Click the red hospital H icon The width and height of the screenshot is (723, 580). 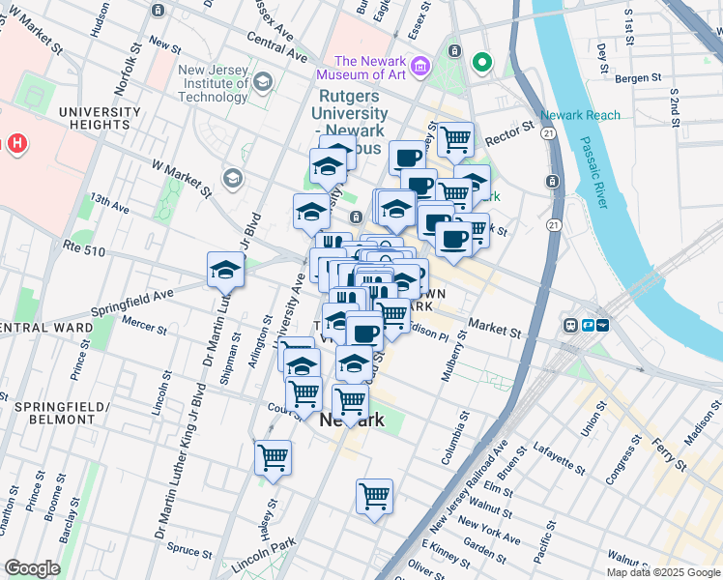(16, 144)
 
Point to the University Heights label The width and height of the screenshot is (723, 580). (99, 118)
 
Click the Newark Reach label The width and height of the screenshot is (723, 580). (580, 116)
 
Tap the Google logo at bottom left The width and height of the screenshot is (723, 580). (32, 568)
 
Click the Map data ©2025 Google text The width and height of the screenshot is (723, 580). (663, 572)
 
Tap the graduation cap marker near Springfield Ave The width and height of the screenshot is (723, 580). (225, 270)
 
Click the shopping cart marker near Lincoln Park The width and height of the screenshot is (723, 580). (374, 497)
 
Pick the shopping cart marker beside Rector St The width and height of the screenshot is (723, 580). (455, 138)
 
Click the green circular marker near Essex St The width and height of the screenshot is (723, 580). (481, 64)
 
